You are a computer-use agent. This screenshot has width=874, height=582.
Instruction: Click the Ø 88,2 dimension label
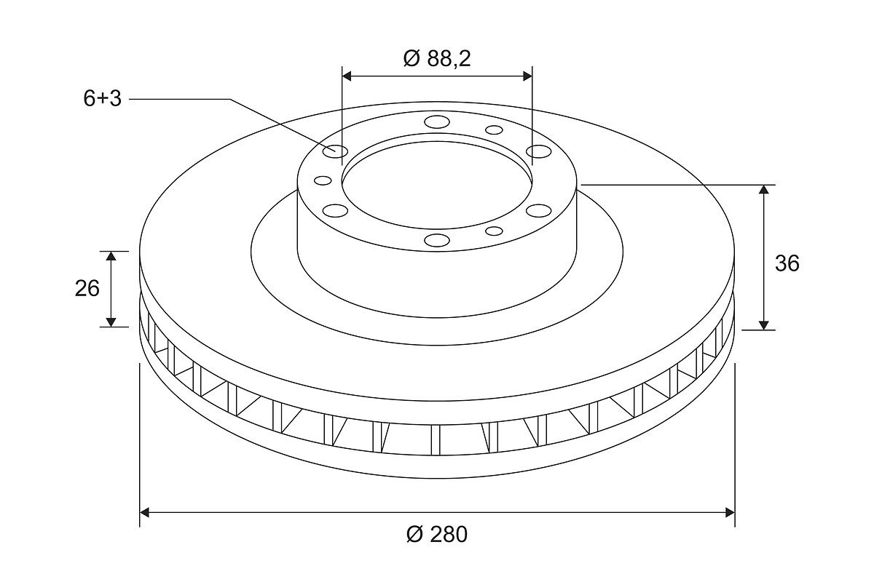pos(437,59)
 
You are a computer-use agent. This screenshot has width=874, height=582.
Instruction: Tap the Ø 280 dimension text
pos(436,534)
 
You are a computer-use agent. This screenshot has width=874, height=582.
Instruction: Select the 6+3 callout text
pos(102,99)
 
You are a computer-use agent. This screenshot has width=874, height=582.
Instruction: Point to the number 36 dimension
pos(787,263)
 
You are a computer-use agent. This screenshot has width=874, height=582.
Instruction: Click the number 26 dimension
pos(87,289)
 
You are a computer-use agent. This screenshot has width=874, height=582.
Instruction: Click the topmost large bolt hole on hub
pos(437,121)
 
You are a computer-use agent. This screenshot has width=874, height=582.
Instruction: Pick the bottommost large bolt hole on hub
pos(437,240)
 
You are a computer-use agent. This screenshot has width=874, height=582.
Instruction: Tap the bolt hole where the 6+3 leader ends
pos(336,151)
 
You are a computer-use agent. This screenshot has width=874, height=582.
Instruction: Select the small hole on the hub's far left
pos(323,180)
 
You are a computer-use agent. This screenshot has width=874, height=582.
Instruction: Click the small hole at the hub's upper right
pos(494,129)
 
